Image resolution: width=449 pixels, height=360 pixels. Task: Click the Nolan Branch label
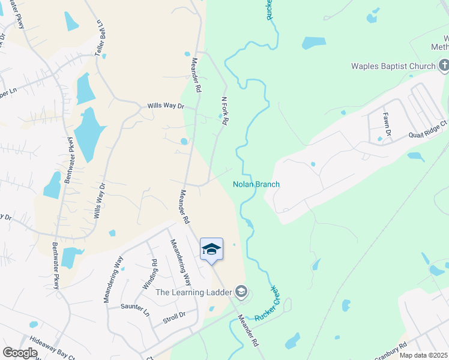(256, 184)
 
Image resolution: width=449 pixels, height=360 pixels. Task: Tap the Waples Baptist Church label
(394, 66)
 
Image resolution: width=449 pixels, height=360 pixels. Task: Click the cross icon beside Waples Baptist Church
(444, 64)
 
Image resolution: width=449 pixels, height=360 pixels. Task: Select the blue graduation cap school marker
(211, 249)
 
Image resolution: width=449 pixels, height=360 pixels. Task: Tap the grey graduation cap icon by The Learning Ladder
(241, 292)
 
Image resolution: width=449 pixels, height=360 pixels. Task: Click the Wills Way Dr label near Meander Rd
(165, 106)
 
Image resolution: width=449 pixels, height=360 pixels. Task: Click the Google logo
(20, 353)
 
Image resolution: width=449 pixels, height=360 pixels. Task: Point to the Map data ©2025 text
(423, 355)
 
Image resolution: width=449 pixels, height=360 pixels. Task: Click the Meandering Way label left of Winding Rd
(113, 279)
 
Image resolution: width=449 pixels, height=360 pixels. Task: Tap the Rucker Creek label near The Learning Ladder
(268, 304)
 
